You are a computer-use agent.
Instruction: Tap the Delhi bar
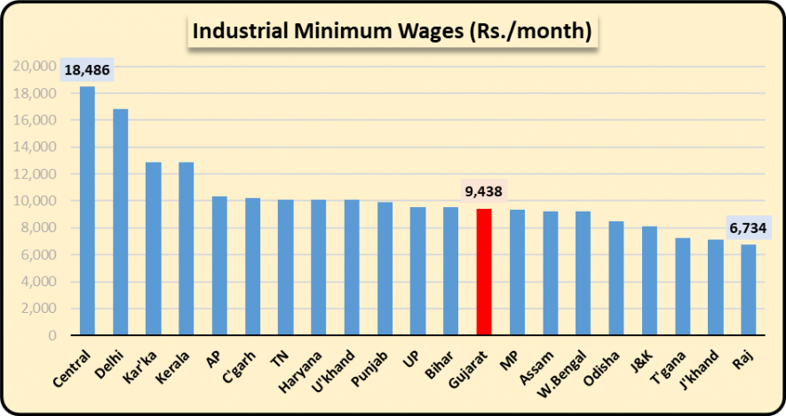coord(120,222)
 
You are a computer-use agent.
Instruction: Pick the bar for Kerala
coord(187,249)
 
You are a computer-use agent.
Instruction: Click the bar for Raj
coord(748,290)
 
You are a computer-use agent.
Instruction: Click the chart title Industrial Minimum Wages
coord(392,32)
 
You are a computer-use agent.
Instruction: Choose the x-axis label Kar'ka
coord(142,364)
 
